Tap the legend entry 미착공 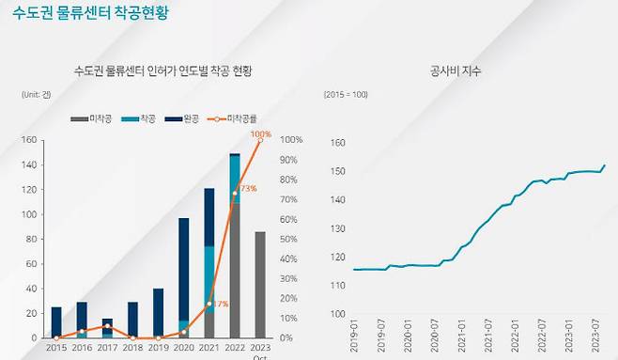tap(93, 119)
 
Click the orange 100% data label tap(261, 134)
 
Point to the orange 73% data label tap(247, 188)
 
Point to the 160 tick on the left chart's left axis tap(28, 140)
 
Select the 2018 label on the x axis tap(132, 347)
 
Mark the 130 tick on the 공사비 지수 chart tap(338, 228)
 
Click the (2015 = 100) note tap(347, 95)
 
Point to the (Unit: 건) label tap(35, 95)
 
